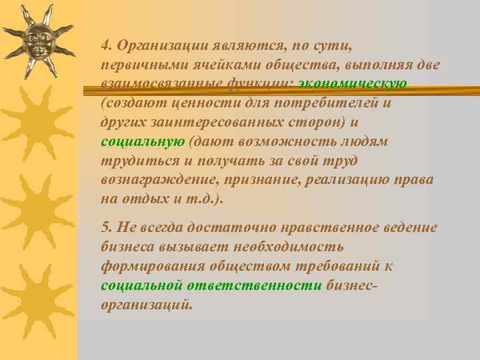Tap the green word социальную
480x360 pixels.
pyautogui.click(x=142, y=142)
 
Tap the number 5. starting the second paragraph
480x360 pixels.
pyautogui.click(x=106, y=228)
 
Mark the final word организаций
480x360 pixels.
pyautogui.click(x=147, y=304)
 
